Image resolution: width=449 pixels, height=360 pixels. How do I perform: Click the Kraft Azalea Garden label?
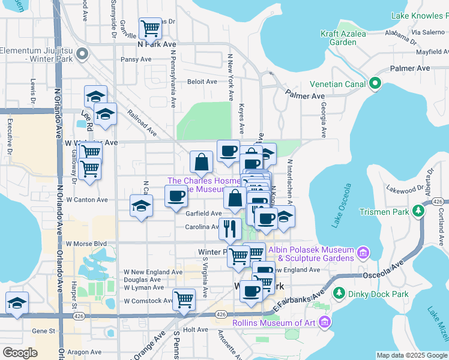343,38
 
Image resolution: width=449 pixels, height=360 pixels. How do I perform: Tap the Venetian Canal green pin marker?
376,83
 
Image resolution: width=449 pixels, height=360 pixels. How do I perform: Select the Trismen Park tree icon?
418,211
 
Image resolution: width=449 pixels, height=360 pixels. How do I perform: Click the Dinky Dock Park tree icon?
339,293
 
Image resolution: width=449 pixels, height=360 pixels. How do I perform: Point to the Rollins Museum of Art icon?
325,324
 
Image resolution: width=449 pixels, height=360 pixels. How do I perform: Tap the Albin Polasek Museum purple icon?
362,253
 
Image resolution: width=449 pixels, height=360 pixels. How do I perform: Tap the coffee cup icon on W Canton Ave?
176,196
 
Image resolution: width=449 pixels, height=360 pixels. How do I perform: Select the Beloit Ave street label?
202,82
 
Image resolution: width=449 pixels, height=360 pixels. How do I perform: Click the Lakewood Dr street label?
406,189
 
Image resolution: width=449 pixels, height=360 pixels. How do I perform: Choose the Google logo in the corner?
20,352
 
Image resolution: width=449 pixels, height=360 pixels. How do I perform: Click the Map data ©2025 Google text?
411,355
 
